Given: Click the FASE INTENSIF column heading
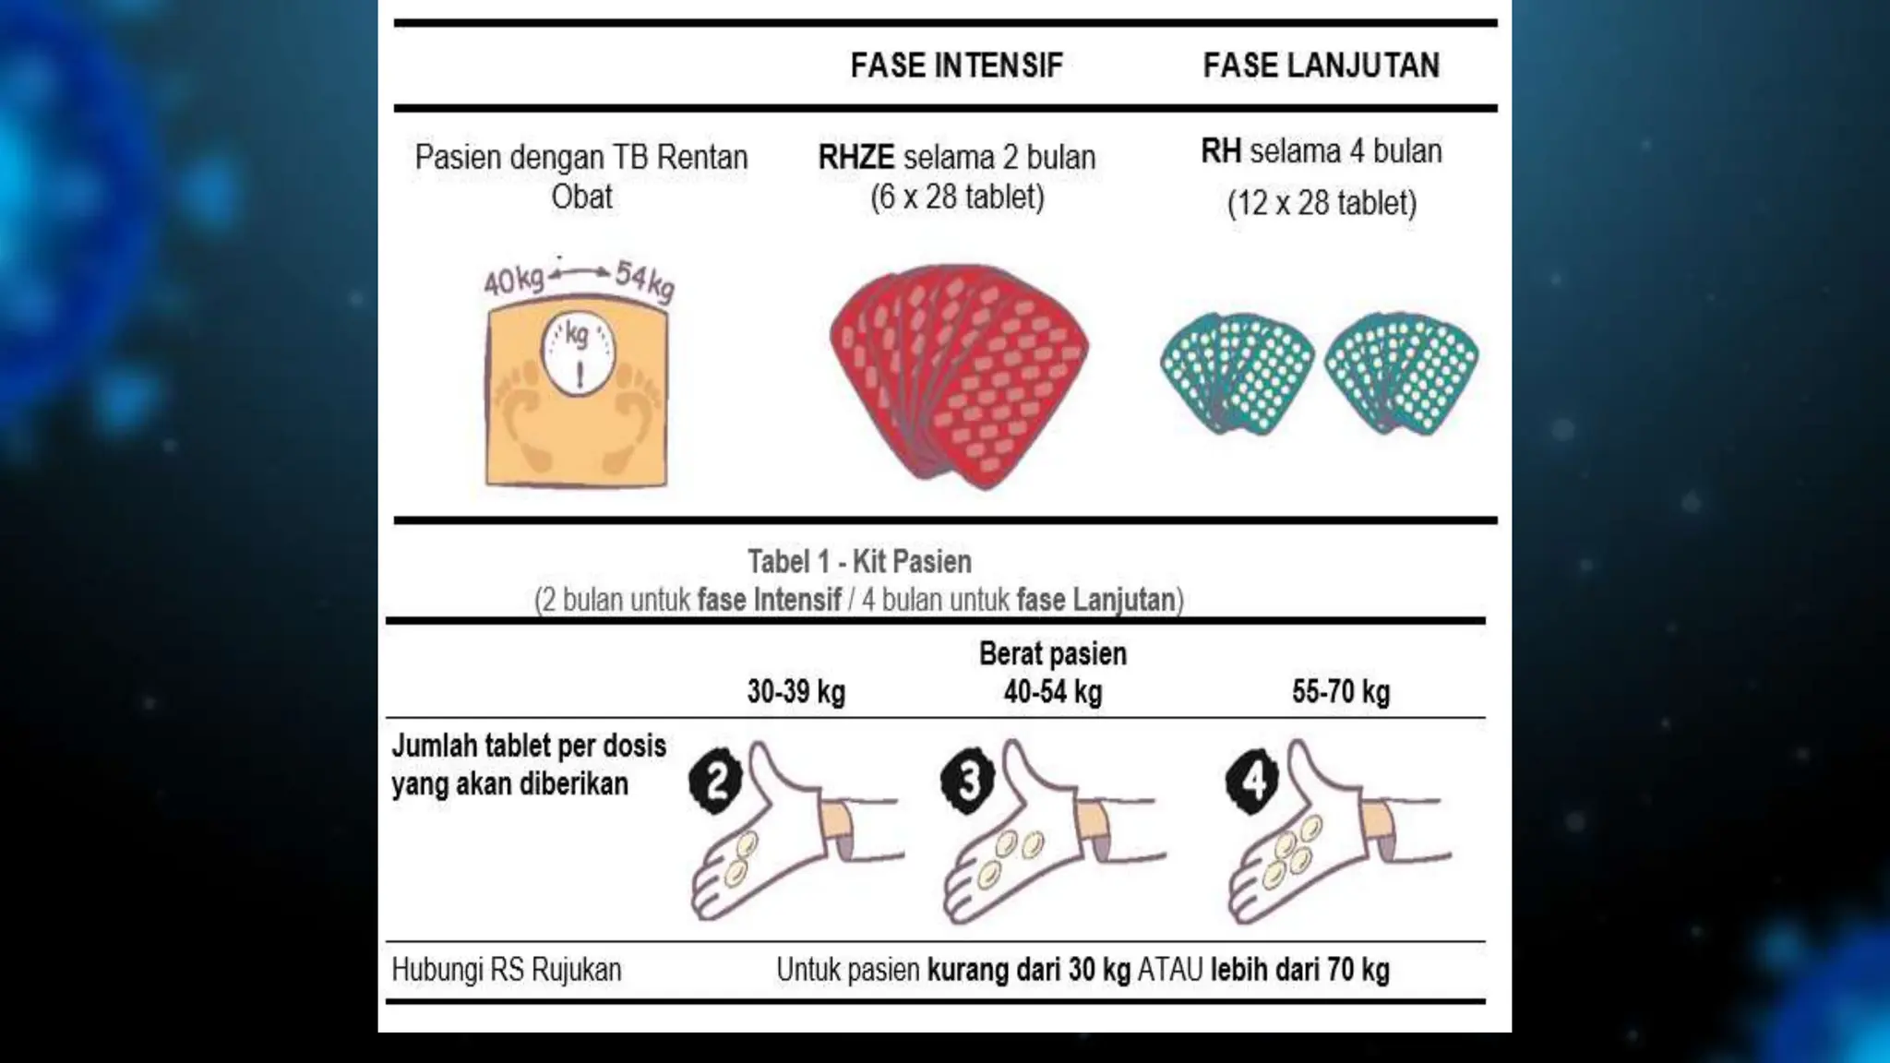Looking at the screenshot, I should click(x=956, y=66).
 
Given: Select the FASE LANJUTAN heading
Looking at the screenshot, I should click(x=1321, y=66).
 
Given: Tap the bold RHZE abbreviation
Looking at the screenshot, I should click(x=855, y=158).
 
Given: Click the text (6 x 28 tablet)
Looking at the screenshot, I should click(x=957, y=197).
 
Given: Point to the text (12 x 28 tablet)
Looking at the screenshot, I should click(x=1321, y=203).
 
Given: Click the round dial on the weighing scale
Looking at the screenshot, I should click(x=578, y=354).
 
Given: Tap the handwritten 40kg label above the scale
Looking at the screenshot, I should click(x=514, y=280).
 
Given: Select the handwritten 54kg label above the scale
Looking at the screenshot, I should click(x=645, y=281).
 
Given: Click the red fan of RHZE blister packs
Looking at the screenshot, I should click(x=960, y=374).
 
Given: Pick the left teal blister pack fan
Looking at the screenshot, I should click(x=1237, y=373).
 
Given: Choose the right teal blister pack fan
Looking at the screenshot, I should click(x=1401, y=373).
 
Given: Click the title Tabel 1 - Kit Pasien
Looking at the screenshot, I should click(x=858, y=561).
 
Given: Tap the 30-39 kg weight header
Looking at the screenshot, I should click(x=795, y=692).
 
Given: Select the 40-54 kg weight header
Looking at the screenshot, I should click(x=1052, y=692).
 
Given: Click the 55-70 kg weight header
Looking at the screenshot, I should click(x=1340, y=692).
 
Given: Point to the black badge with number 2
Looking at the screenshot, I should click(x=716, y=782).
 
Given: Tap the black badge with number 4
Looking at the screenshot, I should click(x=1252, y=782).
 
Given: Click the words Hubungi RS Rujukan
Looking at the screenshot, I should click(x=506, y=970).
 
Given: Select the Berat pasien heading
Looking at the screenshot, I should click(x=1052, y=653).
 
